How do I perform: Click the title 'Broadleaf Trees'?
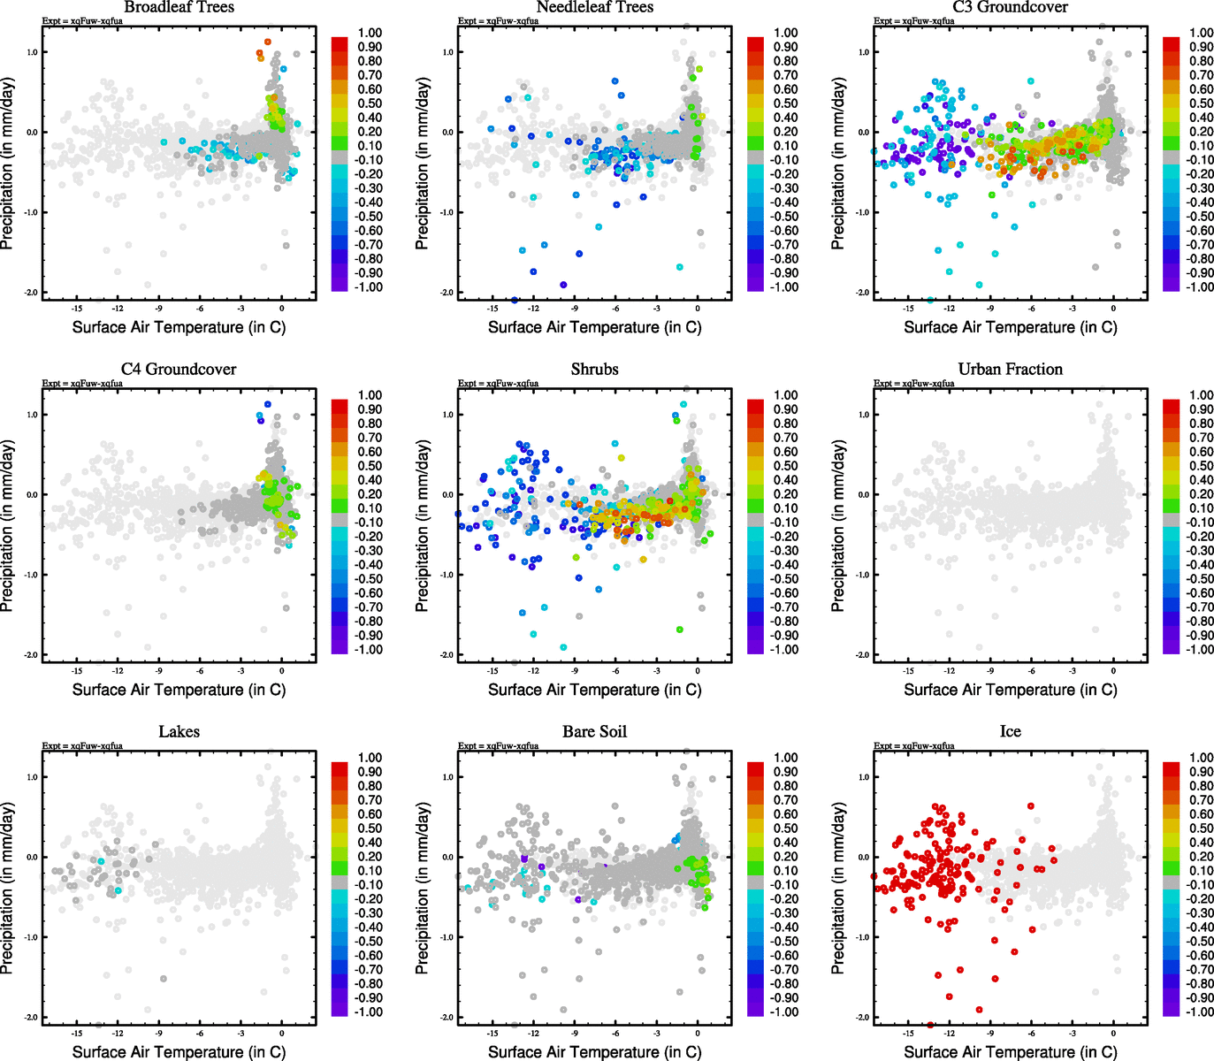[179, 7]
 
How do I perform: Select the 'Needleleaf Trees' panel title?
[594, 7]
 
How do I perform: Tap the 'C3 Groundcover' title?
[1010, 7]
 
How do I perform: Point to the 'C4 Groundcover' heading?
[179, 370]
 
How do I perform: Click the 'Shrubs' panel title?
[594, 370]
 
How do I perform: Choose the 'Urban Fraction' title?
[1010, 370]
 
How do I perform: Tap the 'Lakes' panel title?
[179, 732]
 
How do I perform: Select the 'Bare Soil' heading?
[594, 732]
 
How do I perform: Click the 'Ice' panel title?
[1010, 732]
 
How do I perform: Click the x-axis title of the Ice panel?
[1010, 1052]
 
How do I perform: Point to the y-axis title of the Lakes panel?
[8, 889]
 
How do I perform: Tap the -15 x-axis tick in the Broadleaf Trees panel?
[77, 309]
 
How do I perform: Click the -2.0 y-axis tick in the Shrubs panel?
[447, 655]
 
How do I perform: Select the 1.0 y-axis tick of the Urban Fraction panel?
[863, 415]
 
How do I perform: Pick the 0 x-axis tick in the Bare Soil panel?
[698, 1034]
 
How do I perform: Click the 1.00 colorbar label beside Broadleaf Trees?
[370, 33]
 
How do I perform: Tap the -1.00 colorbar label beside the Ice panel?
[1201, 1012]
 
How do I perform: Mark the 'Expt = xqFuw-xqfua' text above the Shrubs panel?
[498, 384]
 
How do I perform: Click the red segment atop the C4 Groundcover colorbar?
[340, 406]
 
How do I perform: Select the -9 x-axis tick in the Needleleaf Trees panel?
[574, 309]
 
